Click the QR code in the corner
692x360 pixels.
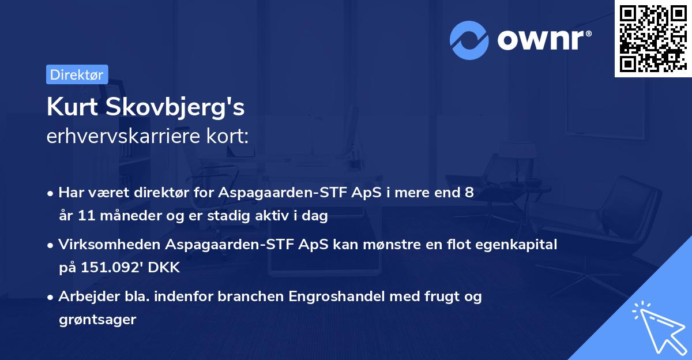click(x=653, y=39)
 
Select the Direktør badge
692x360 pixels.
click(x=77, y=74)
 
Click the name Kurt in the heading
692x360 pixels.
click(x=70, y=107)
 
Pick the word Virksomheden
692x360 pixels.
click(x=109, y=245)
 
